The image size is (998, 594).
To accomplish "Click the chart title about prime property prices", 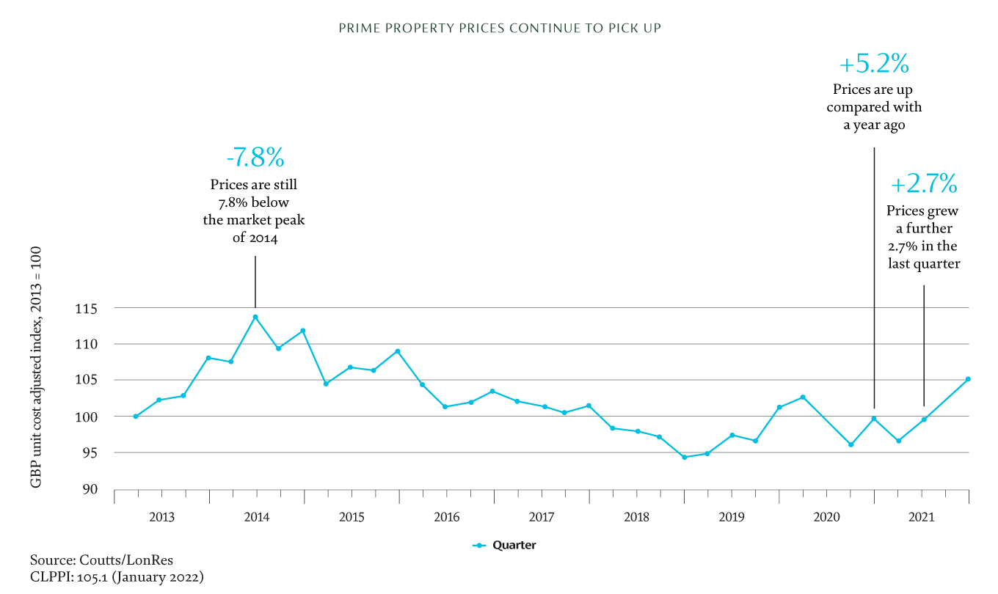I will coord(499,29).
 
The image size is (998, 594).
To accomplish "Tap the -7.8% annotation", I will coord(255,158).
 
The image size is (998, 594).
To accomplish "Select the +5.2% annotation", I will coord(874,65).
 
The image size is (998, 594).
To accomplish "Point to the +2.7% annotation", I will coord(924,184).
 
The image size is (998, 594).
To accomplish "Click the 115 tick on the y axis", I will coord(90,308).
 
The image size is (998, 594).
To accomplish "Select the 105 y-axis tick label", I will coord(90,380).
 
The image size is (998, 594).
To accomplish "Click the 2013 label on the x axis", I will coord(161,517).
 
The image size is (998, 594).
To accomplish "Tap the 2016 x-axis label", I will coord(446,517).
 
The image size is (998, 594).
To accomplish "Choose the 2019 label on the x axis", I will coord(732,517).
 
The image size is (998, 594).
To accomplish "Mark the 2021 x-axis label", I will coord(921,517).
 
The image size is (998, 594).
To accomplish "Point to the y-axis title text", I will coord(35,367).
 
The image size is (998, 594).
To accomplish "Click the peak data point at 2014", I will coord(255,317).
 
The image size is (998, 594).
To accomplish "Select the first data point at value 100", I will coord(136,416).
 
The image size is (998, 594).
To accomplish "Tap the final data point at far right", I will coord(968,379).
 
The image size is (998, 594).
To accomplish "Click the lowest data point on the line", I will coord(684,457).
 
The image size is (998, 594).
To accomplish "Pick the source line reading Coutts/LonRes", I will coord(102,561).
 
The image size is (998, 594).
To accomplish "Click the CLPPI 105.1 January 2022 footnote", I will coord(117,577).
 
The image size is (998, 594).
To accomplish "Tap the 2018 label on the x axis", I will coord(636,517).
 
